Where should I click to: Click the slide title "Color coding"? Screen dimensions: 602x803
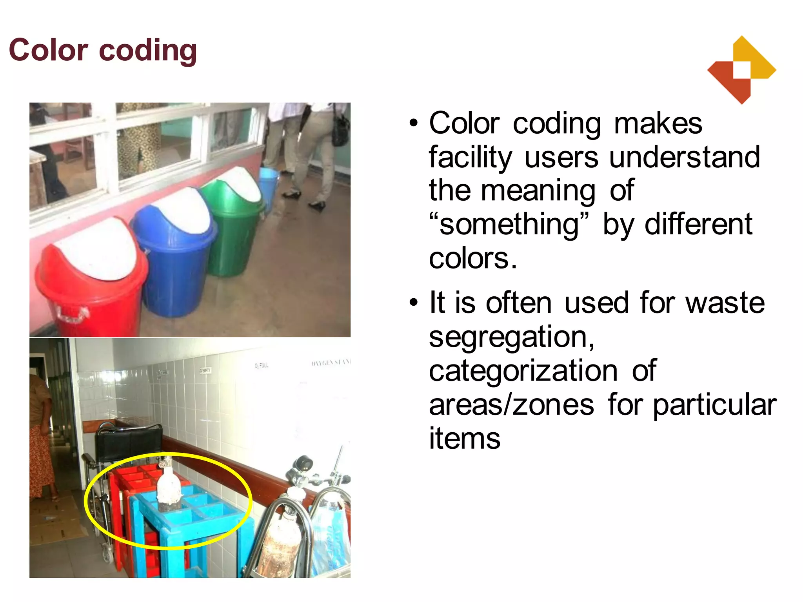tap(103, 50)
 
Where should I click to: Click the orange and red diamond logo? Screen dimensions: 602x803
tap(741, 71)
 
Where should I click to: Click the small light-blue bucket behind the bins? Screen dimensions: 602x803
tap(268, 186)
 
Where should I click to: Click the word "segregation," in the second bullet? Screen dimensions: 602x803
tap(512, 337)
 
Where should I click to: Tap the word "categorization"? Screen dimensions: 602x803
tap(523, 371)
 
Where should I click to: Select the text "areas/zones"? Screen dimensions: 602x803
tap(512, 405)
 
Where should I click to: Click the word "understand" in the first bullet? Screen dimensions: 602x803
tap(685, 157)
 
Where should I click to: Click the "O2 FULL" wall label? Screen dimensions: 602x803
tap(262, 366)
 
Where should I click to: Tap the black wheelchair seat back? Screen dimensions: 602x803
tap(129, 443)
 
